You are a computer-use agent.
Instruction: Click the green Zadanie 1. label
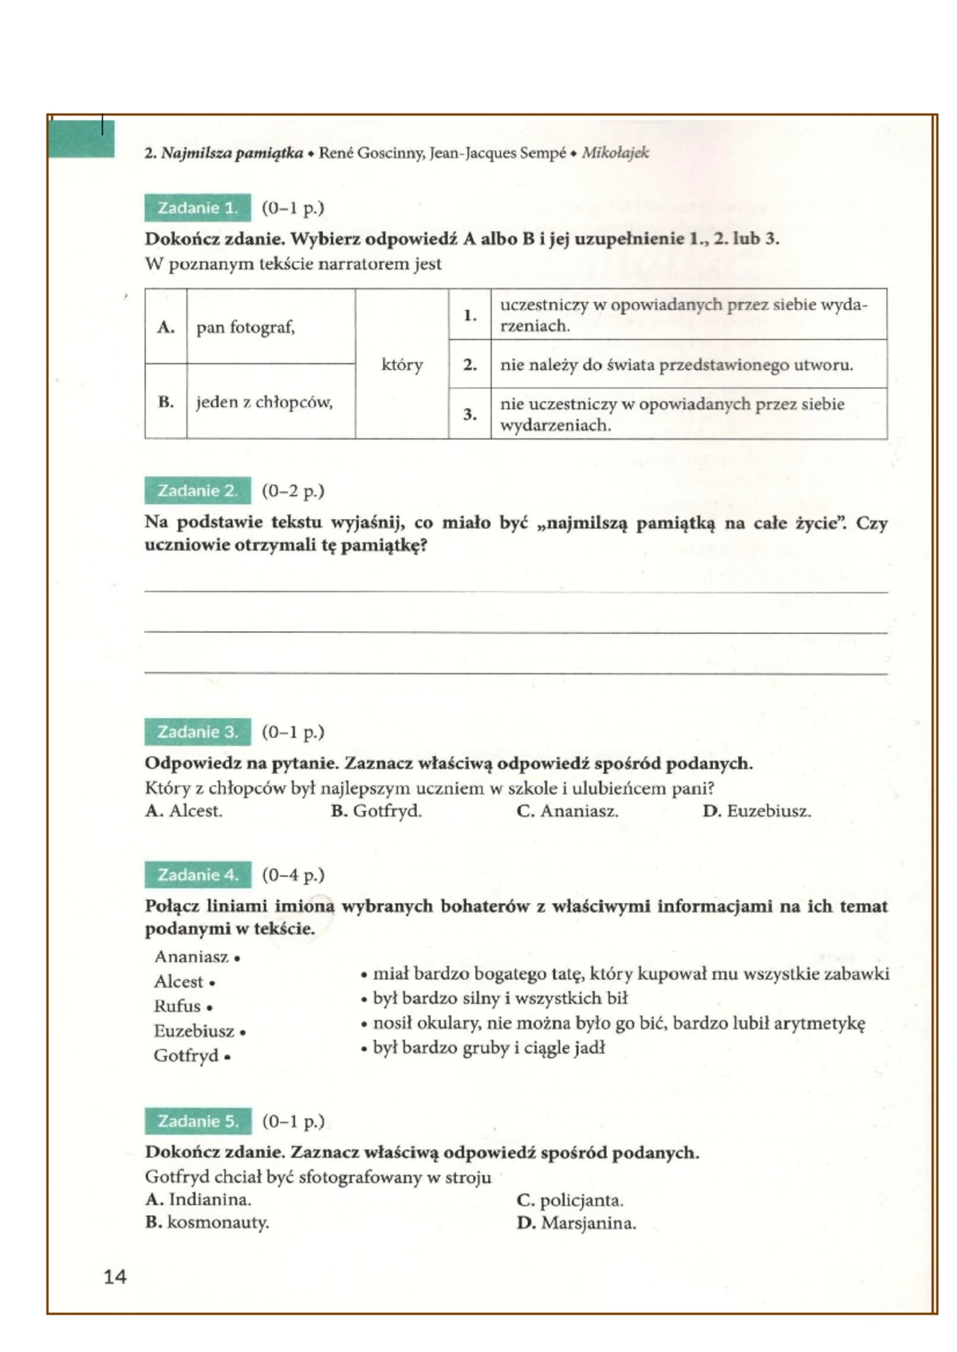pos(198,208)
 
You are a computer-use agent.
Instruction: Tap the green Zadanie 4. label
pos(198,874)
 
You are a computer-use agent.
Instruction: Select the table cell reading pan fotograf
pos(246,327)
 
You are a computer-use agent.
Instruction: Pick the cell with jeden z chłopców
pos(264,402)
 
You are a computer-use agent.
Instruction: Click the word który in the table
pos(402,364)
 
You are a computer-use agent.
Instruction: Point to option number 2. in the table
pos(470,365)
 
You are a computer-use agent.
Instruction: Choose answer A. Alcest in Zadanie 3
pos(184,811)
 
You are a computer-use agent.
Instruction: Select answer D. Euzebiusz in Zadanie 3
pos(756,812)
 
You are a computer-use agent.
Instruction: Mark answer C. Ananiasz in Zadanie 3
pos(567,812)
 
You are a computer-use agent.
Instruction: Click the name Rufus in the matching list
pos(178,1006)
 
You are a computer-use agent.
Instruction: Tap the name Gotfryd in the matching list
pos(187,1055)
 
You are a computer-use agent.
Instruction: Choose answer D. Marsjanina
pos(576,1223)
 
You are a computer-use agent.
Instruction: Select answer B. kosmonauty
pos(207,1222)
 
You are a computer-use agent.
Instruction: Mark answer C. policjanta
pos(569,1200)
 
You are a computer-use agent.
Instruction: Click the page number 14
pos(115,1276)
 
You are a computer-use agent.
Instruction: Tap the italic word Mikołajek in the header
pos(615,152)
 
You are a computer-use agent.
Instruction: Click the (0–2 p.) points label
pos(293,491)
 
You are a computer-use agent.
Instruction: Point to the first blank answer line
pos(515,591)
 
